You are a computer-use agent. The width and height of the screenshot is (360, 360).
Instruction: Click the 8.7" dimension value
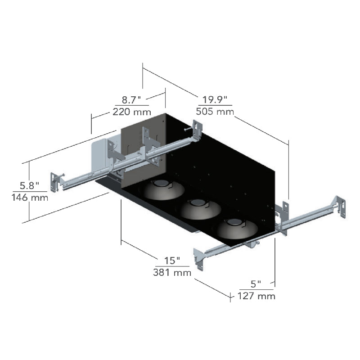[131, 100]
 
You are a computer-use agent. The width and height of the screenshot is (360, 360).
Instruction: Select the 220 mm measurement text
[132, 112]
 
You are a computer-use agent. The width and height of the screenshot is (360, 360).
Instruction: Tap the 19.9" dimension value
[215, 100]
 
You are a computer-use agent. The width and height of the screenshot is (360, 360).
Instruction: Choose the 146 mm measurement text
[30, 197]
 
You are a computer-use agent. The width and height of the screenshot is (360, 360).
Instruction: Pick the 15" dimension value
[172, 261]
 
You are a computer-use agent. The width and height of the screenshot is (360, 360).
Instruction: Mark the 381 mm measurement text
[172, 272]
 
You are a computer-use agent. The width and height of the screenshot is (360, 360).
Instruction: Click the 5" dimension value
[256, 284]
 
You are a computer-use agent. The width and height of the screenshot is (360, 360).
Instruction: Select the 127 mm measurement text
[256, 296]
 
